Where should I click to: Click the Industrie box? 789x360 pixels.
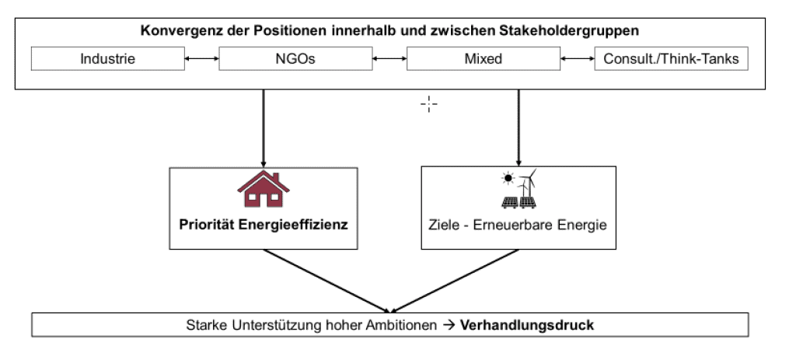click(108, 58)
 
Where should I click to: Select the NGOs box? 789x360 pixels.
click(295, 58)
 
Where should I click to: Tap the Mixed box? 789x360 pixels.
click(483, 58)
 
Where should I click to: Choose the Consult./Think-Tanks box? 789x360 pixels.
click(672, 58)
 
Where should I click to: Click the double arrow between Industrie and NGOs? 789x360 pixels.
click(202, 59)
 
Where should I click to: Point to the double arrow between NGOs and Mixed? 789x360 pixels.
click(389, 59)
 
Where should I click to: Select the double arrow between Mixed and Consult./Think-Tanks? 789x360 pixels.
click(577, 59)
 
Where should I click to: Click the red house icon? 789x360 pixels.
click(264, 189)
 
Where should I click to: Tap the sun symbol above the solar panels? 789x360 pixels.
click(508, 177)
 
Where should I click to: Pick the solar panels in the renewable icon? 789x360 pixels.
click(518, 202)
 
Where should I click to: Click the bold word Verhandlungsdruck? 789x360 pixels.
click(527, 325)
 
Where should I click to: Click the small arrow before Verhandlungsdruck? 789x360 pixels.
click(449, 325)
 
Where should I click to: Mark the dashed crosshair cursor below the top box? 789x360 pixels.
click(429, 104)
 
